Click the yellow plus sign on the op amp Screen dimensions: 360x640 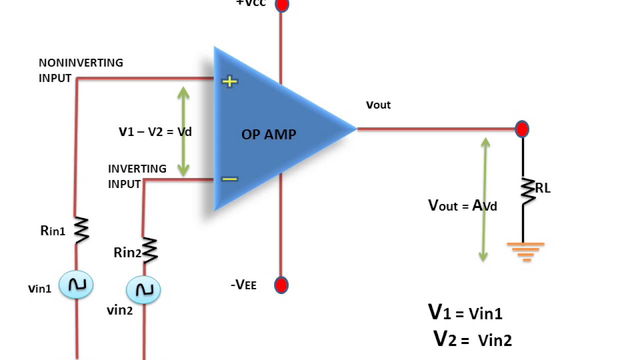229,81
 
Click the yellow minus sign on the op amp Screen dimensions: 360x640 229,179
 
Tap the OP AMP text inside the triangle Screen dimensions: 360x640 268,134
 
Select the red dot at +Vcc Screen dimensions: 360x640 282,5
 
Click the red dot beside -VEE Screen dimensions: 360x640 281,285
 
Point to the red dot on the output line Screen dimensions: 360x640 522,129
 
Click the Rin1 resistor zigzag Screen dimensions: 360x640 81,230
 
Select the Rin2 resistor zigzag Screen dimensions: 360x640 149,249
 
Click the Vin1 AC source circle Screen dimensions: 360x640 76,284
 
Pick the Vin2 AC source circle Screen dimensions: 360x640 143,289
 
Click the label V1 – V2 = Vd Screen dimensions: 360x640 155,132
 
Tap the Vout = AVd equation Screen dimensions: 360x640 462,205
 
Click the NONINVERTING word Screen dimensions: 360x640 81,63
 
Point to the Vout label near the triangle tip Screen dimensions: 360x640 378,105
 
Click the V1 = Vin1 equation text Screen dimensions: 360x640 465,312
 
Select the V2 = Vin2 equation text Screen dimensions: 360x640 472,339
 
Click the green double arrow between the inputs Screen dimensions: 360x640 183,131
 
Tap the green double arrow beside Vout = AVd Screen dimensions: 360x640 484,199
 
